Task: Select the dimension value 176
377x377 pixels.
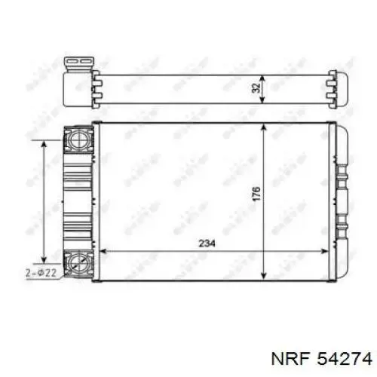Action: point(256,195)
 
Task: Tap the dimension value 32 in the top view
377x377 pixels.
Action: point(256,87)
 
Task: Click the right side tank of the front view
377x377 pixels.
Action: point(341,200)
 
